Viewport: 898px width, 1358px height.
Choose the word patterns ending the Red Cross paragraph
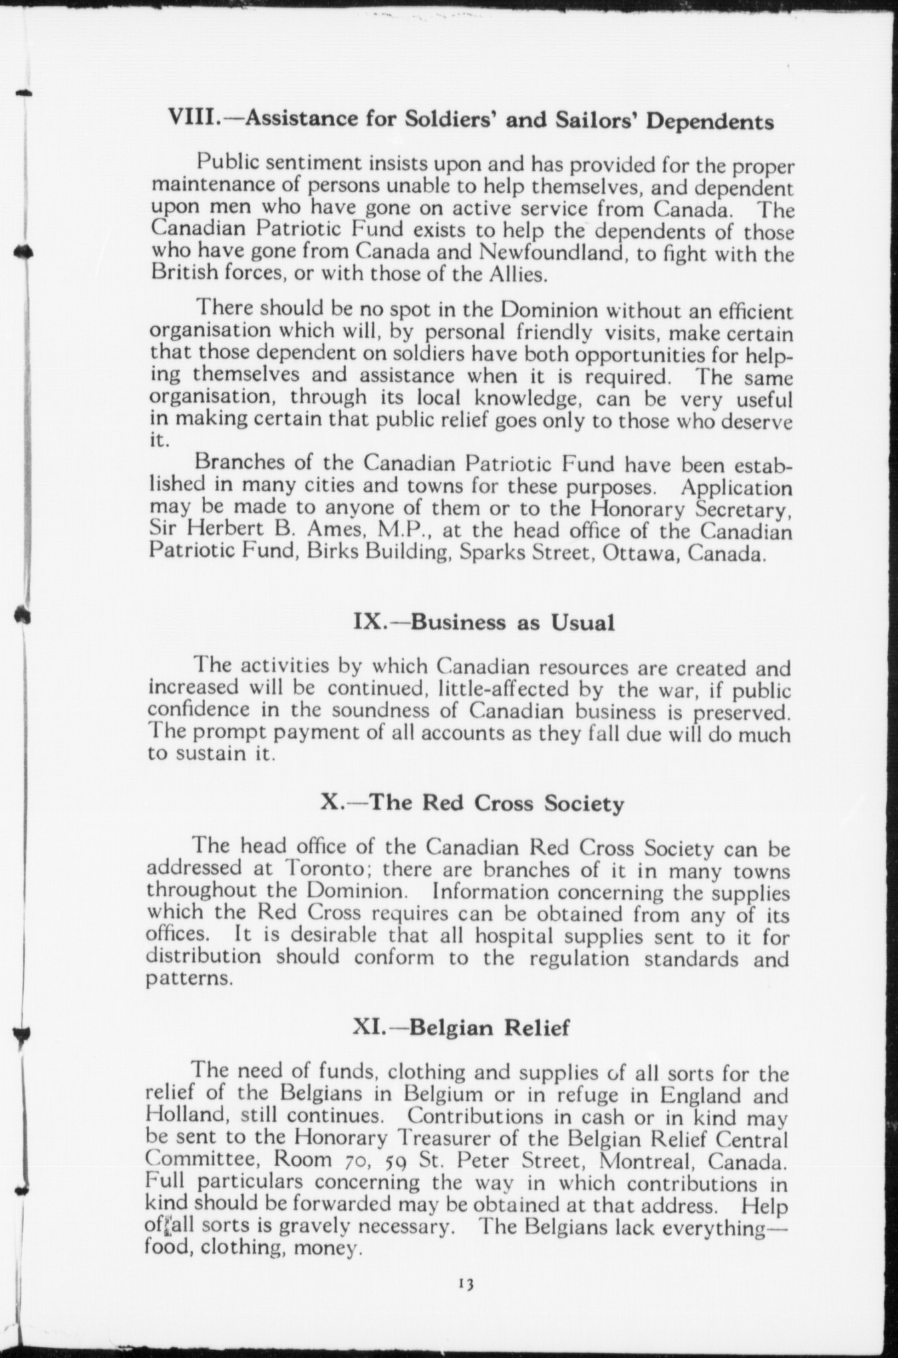tap(190, 979)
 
